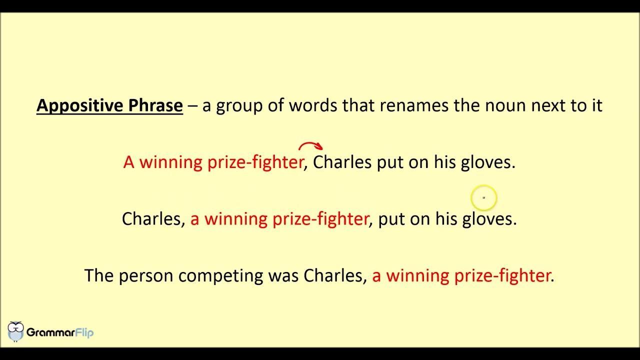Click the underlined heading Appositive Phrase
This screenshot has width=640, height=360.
(x=109, y=105)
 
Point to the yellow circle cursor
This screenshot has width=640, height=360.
(x=484, y=197)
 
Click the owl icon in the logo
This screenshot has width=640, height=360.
(x=15, y=331)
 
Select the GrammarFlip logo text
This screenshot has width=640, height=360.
(x=60, y=332)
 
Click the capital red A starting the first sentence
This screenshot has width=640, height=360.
(x=129, y=162)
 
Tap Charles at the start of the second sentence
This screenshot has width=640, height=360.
(x=151, y=219)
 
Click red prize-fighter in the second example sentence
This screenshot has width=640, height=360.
(x=320, y=219)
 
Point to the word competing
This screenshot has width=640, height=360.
(x=220, y=276)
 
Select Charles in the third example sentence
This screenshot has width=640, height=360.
(x=333, y=275)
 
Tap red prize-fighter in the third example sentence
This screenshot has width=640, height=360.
(x=502, y=276)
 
